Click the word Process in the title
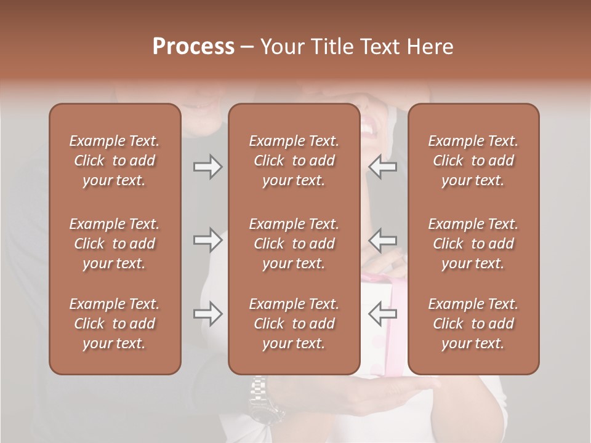click(193, 47)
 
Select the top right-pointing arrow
click(207, 167)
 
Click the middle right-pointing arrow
click(207, 240)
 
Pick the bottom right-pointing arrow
click(207, 314)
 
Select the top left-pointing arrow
click(383, 167)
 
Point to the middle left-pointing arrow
click(383, 240)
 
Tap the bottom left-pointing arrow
click(383, 314)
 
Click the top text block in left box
click(115, 161)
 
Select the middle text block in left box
click(115, 244)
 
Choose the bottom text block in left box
click(115, 324)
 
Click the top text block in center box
click(294, 161)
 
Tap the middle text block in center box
click(294, 244)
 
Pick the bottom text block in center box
click(294, 324)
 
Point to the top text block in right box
click(473, 161)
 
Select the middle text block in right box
click(473, 244)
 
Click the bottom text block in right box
click(473, 324)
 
